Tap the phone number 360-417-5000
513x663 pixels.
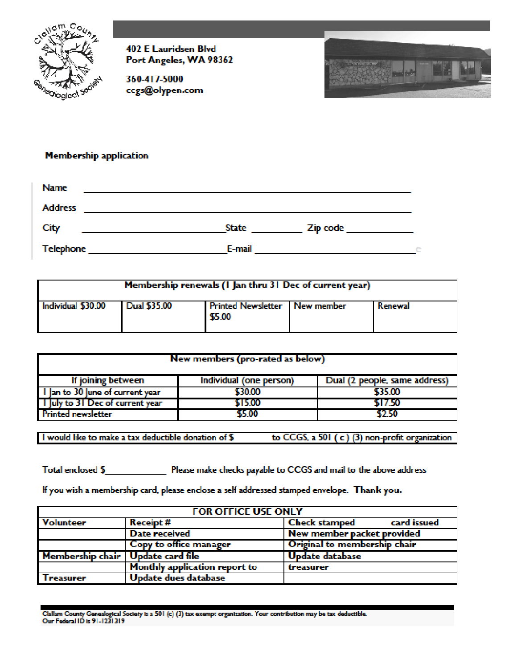[154, 79]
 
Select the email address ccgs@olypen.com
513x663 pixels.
[164, 90]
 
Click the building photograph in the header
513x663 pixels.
[407, 65]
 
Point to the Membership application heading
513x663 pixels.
[97, 155]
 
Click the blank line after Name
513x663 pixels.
[247, 191]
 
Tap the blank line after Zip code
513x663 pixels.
[380, 231]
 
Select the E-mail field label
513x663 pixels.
[240, 249]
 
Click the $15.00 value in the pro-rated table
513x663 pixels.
[247, 403]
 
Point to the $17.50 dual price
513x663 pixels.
[387, 403]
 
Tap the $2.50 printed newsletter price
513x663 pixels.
[387, 414]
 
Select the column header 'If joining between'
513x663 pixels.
[108, 380]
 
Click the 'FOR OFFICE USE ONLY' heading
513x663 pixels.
[247, 512]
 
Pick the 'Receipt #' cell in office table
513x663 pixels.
[151, 523]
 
